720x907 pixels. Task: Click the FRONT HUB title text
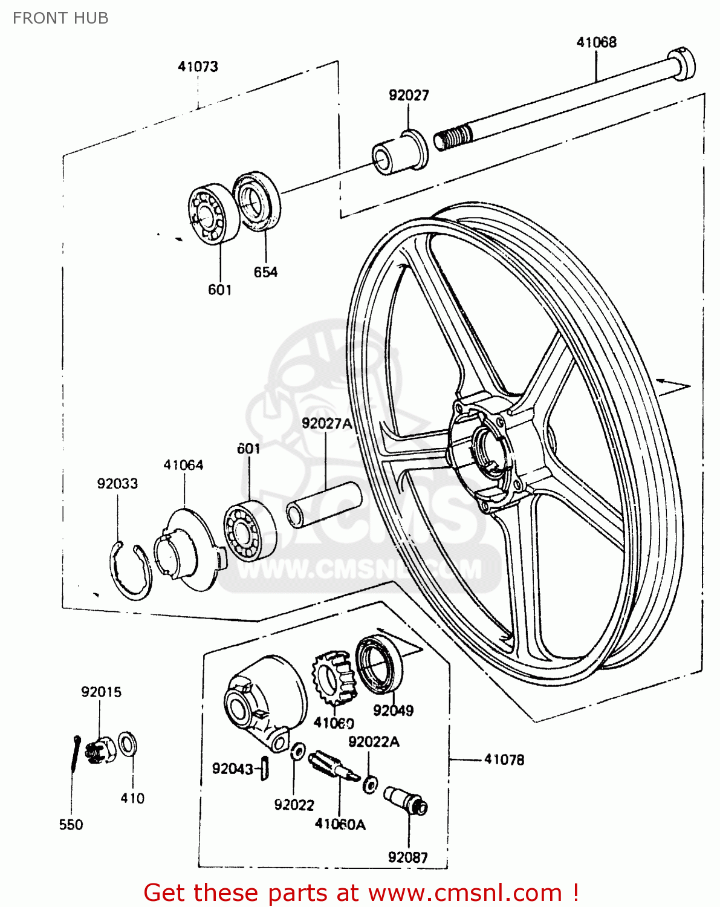(x=60, y=18)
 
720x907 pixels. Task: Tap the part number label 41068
(x=596, y=42)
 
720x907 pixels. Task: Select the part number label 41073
(x=198, y=67)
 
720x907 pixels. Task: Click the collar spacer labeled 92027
(x=400, y=153)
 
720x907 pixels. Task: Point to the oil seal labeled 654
(x=258, y=201)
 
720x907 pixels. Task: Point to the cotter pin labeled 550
(x=74, y=753)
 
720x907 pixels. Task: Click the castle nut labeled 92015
(x=99, y=749)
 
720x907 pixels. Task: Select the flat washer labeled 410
(x=127, y=744)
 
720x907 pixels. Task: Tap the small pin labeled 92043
(x=264, y=768)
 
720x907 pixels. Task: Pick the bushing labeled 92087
(x=406, y=799)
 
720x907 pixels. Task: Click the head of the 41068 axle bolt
(x=681, y=63)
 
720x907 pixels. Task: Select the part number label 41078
(x=504, y=759)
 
